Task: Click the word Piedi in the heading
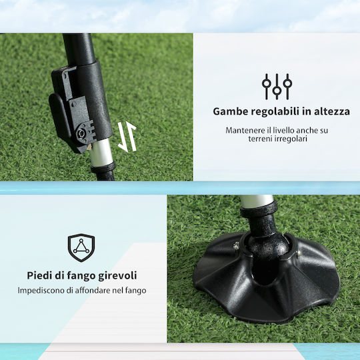(x=39, y=275)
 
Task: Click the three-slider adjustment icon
(x=277, y=87)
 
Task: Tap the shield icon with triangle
(x=81, y=248)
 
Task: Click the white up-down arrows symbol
(x=127, y=137)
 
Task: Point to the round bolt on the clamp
(x=81, y=133)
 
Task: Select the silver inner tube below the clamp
(x=101, y=151)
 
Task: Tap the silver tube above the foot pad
(x=257, y=201)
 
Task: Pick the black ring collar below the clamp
(x=103, y=167)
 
